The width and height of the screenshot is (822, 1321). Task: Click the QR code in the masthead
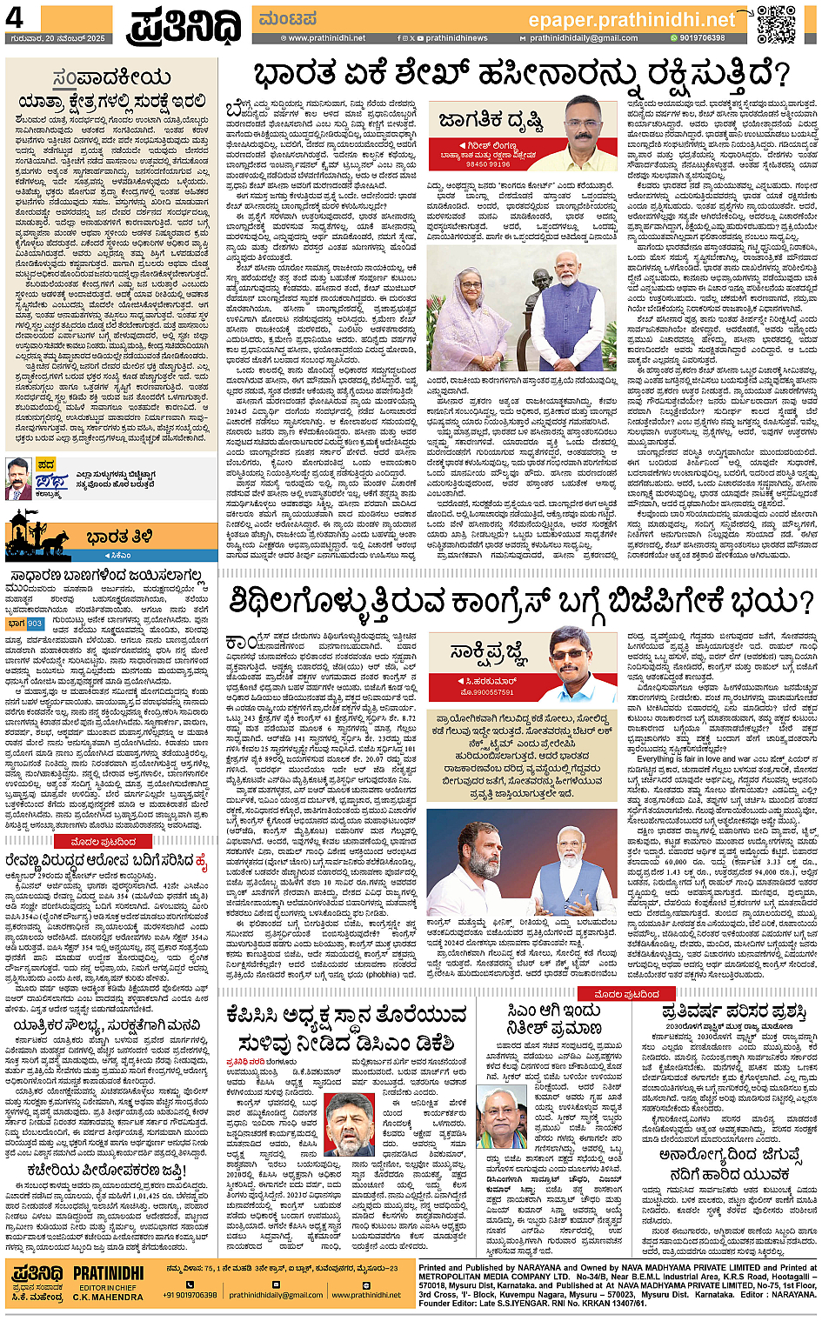point(776,23)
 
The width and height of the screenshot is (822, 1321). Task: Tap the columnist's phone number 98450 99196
point(487,164)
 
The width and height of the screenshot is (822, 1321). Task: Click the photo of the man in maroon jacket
point(18,478)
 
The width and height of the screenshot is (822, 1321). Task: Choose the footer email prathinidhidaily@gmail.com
point(276,1295)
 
